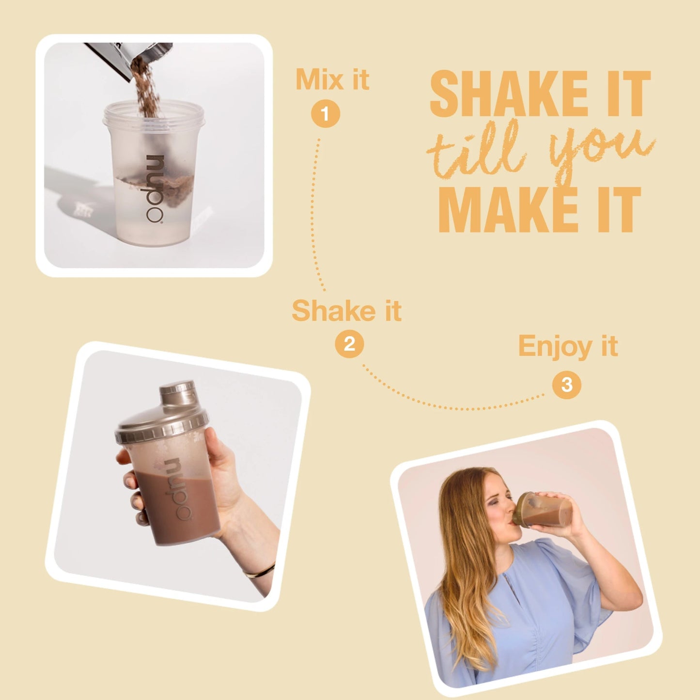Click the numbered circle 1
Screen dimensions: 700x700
(326, 113)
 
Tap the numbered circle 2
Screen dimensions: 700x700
(349, 343)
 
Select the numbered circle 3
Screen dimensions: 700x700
(567, 385)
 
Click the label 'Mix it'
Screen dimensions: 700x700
(332, 79)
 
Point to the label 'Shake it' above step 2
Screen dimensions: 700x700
(346, 311)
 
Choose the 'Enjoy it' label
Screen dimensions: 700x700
(568, 346)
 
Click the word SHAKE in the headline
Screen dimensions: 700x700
(508, 93)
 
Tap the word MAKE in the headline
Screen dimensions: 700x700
(510, 210)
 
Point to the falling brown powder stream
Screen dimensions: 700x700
(146, 89)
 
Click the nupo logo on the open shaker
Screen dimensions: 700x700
(155, 188)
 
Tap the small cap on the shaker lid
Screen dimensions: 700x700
(177, 393)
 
